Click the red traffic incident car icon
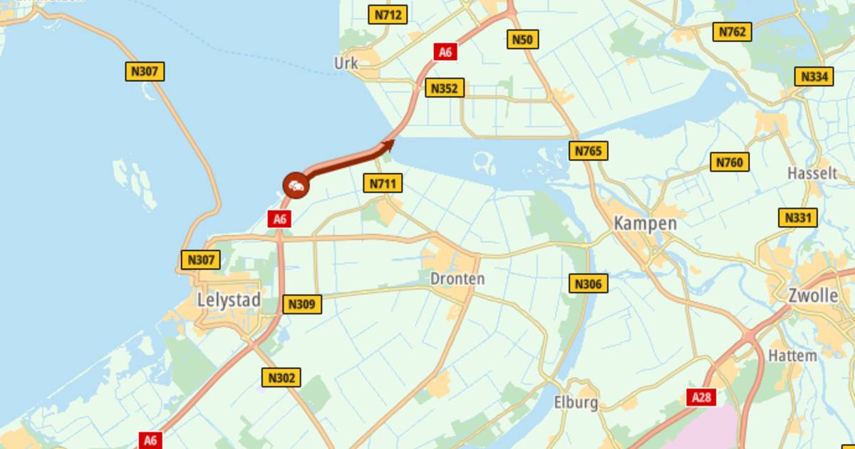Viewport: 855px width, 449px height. (x=296, y=186)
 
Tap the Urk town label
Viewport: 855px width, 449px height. (x=346, y=63)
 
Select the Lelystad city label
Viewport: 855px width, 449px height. (x=229, y=300)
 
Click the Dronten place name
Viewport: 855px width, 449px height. (x=457, y=279)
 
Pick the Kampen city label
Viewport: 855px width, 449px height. (x=646, y=223)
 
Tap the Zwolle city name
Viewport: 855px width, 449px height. (x=813, y=295)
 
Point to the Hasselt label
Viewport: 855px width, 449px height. (x=812, y=173)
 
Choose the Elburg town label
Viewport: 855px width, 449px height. (x=576, y=403)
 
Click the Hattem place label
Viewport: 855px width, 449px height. (x=793, y=355)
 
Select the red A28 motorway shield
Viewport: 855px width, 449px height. (x=701, y=398)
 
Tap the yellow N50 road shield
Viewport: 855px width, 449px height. (x=522, y=39)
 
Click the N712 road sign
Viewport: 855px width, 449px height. (x=388, y=14)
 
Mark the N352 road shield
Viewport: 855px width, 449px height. (x=445, y=88)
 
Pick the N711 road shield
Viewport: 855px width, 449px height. (x=383, y=183)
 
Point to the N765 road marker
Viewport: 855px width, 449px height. (x=589, y=150)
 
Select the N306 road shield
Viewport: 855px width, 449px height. (x=589, y=284)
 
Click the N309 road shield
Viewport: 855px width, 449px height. (x=301, y=304)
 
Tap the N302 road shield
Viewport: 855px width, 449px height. (x=281, y=378)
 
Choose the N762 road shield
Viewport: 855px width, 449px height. (x=732, y=32)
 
